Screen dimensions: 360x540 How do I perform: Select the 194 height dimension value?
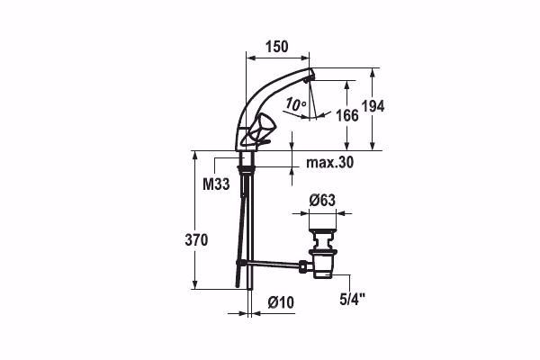tap(373, 106)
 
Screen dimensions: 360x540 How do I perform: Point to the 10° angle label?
tap(296, 105)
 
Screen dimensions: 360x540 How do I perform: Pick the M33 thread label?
tap(214, 184)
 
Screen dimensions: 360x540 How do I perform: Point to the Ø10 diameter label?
tap(281, 303)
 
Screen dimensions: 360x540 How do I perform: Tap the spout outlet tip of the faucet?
tap(310, 79)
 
